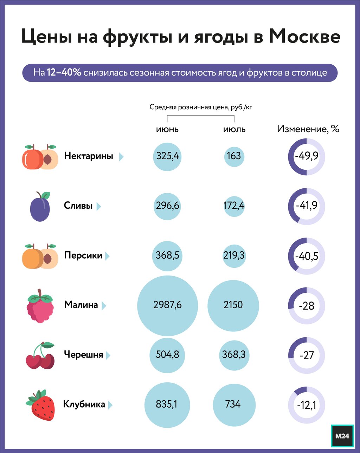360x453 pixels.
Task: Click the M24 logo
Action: point(342,436)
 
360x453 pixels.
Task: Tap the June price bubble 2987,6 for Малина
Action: point(167,305)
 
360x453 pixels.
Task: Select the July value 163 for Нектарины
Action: point(234,156)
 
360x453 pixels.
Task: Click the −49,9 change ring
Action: point(307,156)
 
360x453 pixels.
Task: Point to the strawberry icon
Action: point(41,405)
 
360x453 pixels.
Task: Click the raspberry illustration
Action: point(40,306)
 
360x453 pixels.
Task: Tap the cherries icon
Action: point(40,355)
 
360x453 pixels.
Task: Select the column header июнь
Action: point(167,129)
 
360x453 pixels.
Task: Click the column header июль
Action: point(234,129)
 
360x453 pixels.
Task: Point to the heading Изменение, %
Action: point(308,129)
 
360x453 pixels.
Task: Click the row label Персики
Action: point(83,255)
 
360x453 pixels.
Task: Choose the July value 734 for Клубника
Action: point(234,405)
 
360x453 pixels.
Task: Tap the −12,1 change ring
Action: point(307,405)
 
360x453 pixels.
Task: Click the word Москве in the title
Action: point(304,37)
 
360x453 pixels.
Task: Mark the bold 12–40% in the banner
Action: point(64,73)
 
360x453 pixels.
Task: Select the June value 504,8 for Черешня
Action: point(167,355)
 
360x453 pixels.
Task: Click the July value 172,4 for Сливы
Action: point(234,206)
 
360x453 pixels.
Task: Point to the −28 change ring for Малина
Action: point(307,306)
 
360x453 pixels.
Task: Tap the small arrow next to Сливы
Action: point(98,206)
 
